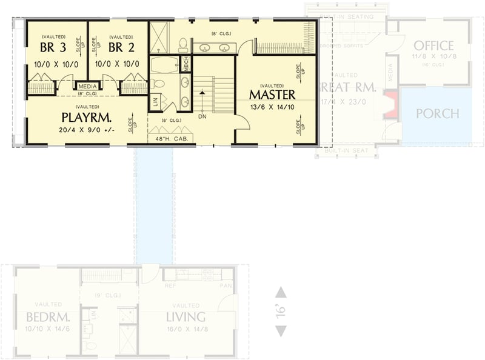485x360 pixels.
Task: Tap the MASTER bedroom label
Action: click(272, 95)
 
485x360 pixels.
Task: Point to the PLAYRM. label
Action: click(85, 116)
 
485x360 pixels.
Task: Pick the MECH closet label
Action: click(186, 62)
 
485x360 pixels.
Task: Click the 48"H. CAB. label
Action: click(171, 139)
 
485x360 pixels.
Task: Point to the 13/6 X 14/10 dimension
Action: click(272, 108)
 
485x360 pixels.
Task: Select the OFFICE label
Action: click(433, 45)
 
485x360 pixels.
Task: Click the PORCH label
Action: click(437, 113)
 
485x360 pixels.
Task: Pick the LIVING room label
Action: click(186, 317)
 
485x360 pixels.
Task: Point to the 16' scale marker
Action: click(281, 312)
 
